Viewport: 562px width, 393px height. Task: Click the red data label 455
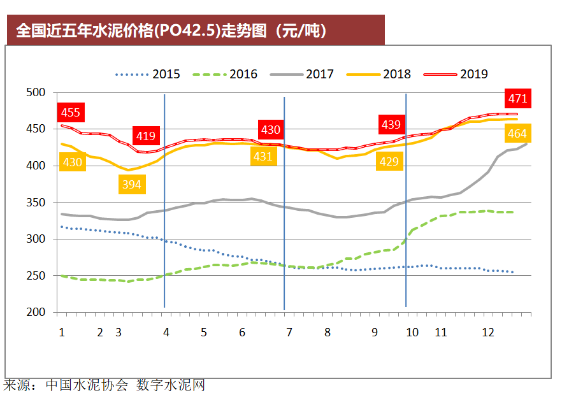click(70, 113)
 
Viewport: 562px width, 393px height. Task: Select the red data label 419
click(145, 136)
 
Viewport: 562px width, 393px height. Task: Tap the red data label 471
click(517, 99)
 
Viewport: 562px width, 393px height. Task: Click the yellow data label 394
click(131, 185)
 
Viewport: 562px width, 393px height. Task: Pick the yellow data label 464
click(517, 134)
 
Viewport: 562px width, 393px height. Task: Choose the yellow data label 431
click(264, 156)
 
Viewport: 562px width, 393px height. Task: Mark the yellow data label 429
click(389, 162)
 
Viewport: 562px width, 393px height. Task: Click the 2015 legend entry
click(148, 75)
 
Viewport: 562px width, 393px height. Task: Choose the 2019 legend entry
click(456, 75)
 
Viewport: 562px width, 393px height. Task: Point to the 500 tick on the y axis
click(38, 93)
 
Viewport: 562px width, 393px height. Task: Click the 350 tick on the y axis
click(38, 203)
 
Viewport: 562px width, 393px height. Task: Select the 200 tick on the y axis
click(38, 313)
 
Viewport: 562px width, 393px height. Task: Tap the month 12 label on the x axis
click(488, 332)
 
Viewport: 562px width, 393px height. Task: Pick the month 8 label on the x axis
click(328, 332)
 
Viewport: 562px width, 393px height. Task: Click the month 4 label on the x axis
click(166, 332)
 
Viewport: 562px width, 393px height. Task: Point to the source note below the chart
click(104, 385)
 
